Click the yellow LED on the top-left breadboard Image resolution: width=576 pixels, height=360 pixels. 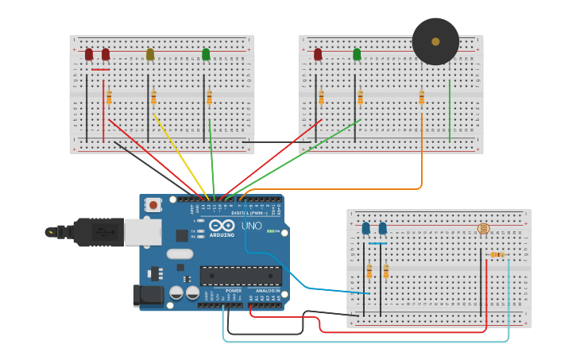click(150, 54)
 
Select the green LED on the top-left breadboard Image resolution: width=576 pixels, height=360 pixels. click(206, 54)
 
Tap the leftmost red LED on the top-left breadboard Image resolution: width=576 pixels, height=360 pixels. click(89, 54)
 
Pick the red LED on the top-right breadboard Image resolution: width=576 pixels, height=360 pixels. click(318, 54)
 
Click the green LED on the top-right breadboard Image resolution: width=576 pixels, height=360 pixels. click(357, 54)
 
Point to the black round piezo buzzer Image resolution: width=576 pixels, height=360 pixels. click(435, 41)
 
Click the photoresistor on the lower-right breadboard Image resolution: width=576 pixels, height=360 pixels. click(483, 229)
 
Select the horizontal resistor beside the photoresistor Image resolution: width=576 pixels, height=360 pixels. click(498, 254)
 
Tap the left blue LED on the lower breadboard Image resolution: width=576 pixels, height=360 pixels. click(365, 229)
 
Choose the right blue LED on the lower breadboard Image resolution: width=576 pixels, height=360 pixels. click(383, 229)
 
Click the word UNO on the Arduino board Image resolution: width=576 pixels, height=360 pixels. click(251, 226)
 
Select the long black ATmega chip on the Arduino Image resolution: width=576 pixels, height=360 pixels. click(241, 276)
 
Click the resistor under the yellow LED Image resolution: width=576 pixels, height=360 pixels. click(153, 97)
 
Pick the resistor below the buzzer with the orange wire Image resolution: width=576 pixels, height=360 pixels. click(421, 98)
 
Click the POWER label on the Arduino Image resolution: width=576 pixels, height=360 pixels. click(234, 291)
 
